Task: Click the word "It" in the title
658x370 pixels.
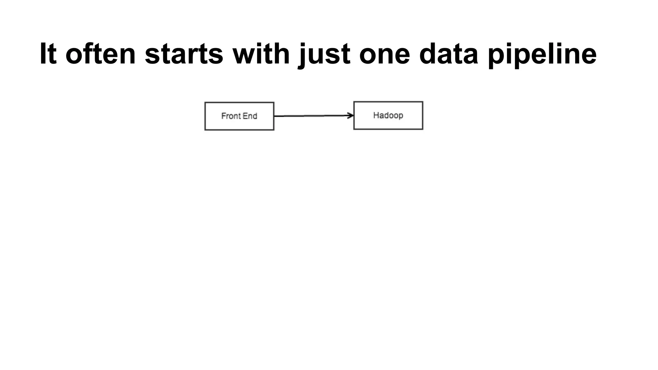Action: [48, 54]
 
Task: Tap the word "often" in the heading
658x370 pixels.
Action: [101, 54]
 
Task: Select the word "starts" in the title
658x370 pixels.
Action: [184, 54]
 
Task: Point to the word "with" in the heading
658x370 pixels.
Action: [261, 54]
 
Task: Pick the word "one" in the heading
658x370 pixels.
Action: [384, 54]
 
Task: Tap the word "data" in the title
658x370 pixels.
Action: [449, 54]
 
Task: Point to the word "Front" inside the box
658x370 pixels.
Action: [230, 116]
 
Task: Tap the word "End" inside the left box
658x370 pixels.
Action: [251, 116]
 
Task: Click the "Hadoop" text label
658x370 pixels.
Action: [388, 115]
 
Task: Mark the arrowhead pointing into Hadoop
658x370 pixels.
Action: [351, 116]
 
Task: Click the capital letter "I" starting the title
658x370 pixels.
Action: [43, 54]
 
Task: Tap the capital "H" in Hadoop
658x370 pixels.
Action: [376, 115]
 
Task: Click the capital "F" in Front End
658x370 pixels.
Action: [224, 116]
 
